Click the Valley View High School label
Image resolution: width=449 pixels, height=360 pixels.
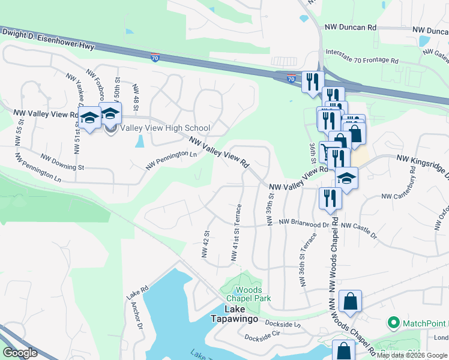[165, 128]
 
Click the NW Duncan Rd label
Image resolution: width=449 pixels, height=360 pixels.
[351, 28]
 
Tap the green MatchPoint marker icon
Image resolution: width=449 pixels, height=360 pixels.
[394, 323]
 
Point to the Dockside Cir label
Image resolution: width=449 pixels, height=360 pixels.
[262, 335]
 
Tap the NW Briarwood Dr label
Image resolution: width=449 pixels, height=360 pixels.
[305, 223]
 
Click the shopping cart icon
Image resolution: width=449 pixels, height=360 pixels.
[327, 151]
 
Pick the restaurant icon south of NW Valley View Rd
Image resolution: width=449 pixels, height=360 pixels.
[330, 198]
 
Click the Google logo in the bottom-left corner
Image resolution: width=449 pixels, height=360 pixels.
[20, 353]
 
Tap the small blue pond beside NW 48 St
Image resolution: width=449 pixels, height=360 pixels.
[140, 141]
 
